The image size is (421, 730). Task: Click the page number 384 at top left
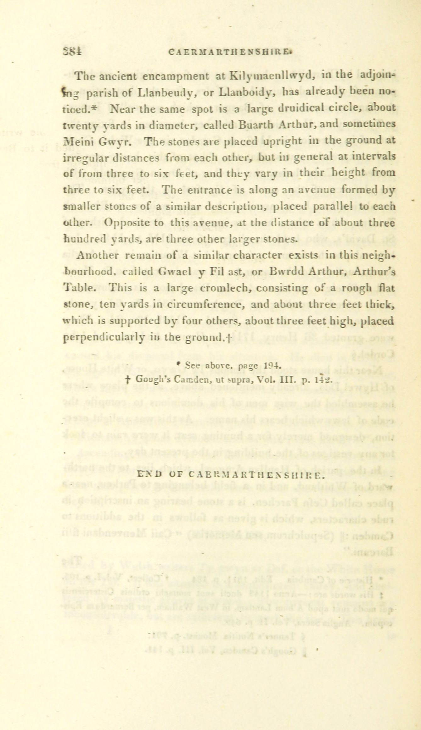[x=72, y=52]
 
